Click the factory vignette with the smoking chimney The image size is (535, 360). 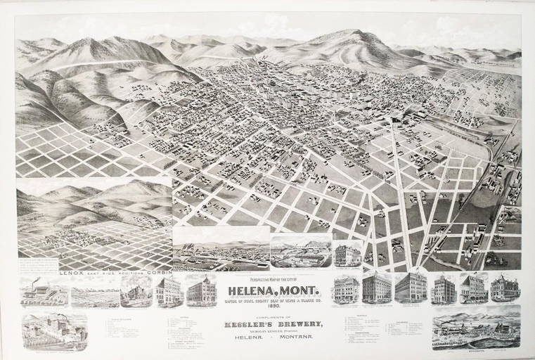(x=43, y=291)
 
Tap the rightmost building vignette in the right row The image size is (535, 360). (x=505, y=288)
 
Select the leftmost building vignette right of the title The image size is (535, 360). (x=346, y=288)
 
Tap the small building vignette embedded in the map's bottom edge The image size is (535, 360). (x=349, y=252)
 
